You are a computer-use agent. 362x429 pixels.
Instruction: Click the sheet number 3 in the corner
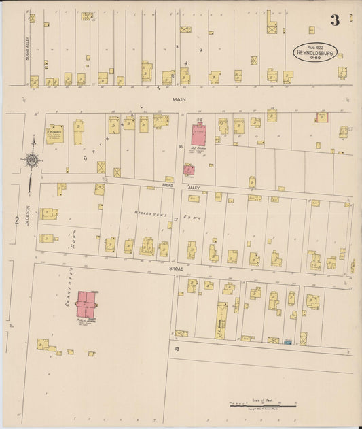pyautogui.click(x=334, y=20)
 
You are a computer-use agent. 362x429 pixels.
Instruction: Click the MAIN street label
pyautogui.click(x=179, y=99)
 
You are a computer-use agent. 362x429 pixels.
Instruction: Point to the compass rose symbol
pyautogui.click(x=31, y=160)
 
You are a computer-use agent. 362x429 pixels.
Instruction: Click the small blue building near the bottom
pyautogui.click(x=287, y=341)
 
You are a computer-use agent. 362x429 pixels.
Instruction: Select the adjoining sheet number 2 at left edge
pyautogui.click(x=14, y=219)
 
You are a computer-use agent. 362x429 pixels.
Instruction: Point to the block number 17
pyautogui.click(x=175, y=219)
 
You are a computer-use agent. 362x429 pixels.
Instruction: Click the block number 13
pyautogui.click(x=176, y=348)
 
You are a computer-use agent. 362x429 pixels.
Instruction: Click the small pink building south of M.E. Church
pyautogui.click(x=189, y=169)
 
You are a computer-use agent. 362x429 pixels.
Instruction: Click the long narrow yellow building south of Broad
pyautogui.click(x=221, y=320)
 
